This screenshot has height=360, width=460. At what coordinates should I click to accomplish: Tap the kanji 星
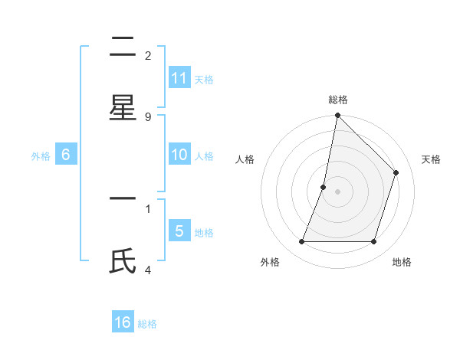pos(123,107)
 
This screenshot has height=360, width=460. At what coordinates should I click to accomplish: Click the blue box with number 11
pos(179,78)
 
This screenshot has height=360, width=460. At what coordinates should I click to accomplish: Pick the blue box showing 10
pos(179,155)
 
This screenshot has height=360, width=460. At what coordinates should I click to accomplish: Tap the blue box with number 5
pos(179,231)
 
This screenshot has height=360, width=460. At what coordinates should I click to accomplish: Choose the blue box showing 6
pos(66,155)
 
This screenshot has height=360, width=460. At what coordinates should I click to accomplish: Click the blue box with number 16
pos(123,322)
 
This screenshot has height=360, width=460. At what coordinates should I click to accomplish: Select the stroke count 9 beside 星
pos(148,116)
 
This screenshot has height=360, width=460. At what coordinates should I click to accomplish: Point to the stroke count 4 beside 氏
pos(148,270)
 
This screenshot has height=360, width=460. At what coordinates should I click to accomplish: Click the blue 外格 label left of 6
pos(41,156)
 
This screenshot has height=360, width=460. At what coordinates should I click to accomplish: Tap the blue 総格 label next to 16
pos(148,324)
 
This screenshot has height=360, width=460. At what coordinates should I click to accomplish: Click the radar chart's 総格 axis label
pos(338,100)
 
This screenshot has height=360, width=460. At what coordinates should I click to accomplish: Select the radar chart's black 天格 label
pos(431,159)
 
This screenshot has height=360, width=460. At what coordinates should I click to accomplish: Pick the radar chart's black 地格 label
pos(402,262)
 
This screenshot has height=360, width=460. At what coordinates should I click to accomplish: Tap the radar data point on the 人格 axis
pos(324,187)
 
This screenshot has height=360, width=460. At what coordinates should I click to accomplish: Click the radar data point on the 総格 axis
pos(337,115)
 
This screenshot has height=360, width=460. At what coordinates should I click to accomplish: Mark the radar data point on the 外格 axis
pos(302,242)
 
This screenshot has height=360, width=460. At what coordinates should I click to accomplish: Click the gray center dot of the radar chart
pos(337,191)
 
